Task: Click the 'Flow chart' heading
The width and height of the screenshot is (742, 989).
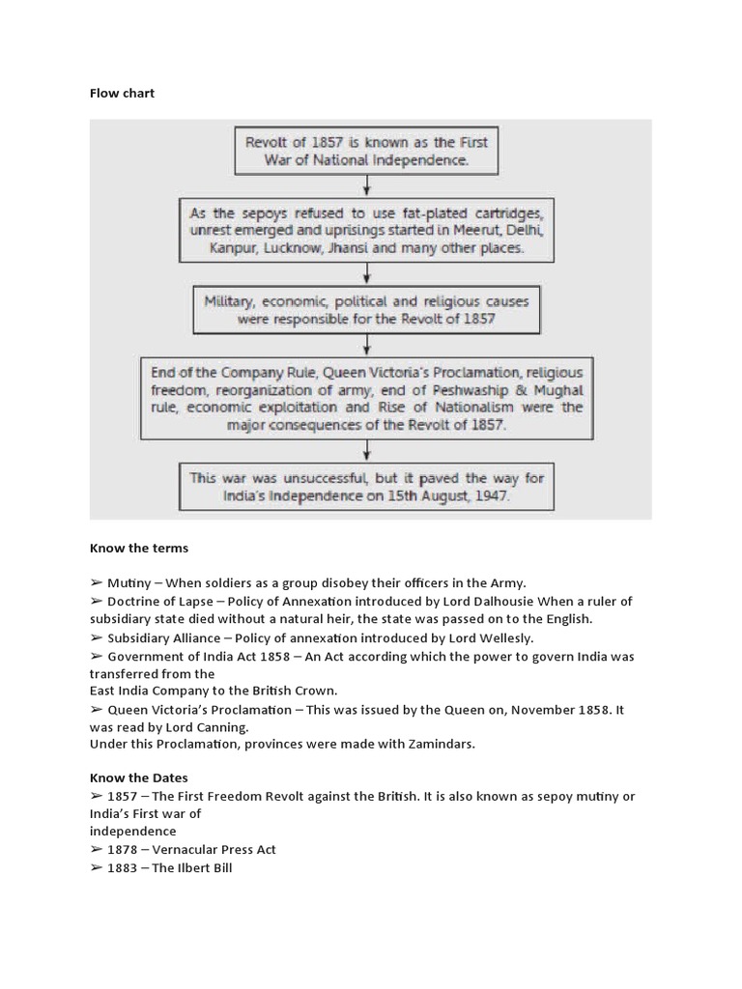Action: coord(122,94)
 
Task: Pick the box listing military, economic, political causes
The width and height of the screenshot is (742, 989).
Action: coord(365,309)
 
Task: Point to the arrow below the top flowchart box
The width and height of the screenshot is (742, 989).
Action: coord(365,185)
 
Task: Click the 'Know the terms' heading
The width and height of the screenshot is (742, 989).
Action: coord(139,548)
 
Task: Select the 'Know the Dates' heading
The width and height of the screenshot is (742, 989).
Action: coord(139,777)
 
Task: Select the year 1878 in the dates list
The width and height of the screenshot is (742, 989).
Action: coord(123,849)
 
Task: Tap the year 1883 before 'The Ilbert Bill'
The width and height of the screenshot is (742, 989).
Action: coord(123,867)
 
